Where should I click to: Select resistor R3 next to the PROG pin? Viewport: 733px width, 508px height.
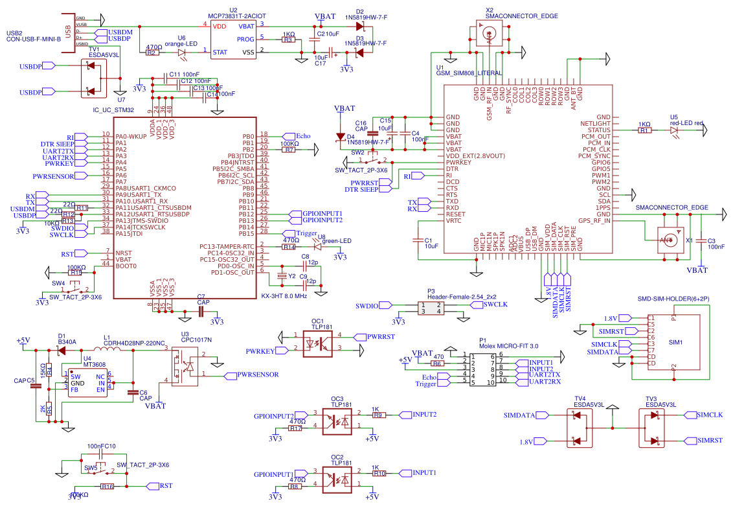289,40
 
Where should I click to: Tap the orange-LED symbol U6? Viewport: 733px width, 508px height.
182,52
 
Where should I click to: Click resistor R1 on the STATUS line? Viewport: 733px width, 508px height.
644,130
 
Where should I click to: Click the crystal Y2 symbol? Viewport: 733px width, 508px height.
282,276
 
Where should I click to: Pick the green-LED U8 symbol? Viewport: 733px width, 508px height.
317,246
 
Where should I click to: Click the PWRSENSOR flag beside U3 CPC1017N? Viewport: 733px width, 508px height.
257,375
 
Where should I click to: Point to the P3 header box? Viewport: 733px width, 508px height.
431,308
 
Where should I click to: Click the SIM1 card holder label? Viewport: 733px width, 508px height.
676,341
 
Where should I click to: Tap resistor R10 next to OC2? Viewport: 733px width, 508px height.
379,473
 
